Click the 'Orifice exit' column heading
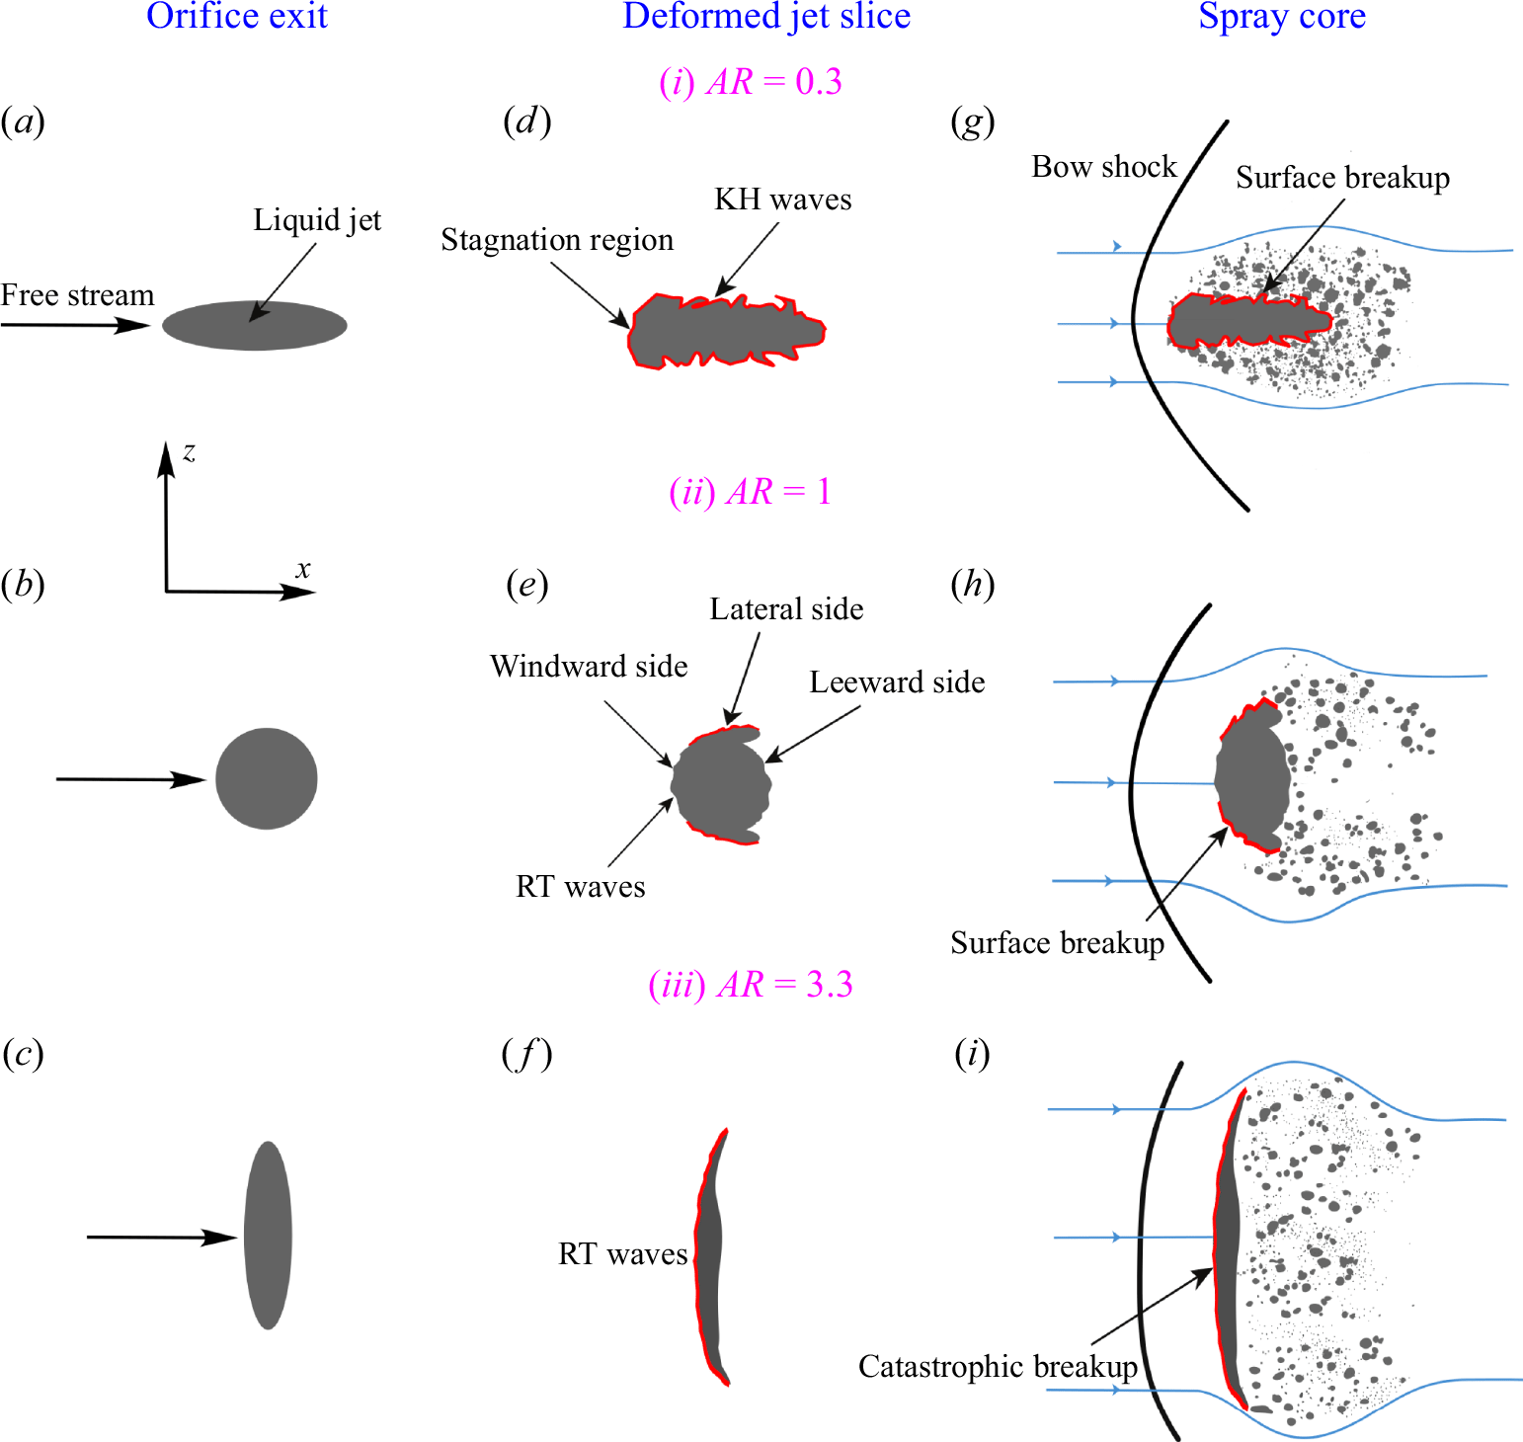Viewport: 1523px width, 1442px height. (236, 16)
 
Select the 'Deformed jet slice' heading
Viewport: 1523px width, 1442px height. (766, 16)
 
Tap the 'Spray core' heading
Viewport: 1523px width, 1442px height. (1281, 16)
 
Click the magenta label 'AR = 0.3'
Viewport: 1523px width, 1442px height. (751, 81)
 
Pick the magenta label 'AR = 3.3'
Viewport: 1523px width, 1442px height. (751, 985)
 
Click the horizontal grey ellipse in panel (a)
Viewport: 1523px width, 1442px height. (254, 325)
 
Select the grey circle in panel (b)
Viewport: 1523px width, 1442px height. (267, 778)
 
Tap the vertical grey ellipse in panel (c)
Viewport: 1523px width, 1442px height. (268, 1235)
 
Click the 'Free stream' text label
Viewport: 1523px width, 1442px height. (77, 295)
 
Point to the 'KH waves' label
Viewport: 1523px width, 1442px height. (782, 200)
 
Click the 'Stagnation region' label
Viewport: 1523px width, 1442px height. (557, 240)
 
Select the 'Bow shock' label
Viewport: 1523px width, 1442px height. (1104, 167)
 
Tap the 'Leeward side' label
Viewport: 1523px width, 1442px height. (897, 682)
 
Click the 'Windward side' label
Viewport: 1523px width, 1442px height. (589, 667)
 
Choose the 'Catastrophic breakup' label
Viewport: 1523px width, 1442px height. (998, 1367)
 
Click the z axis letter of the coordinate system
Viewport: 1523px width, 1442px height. (189, 452)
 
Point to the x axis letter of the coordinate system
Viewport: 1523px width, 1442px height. (303, 570)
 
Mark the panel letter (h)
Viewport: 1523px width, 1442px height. (972, 585)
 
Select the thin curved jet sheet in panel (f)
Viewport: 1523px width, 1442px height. (709, 1254)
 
